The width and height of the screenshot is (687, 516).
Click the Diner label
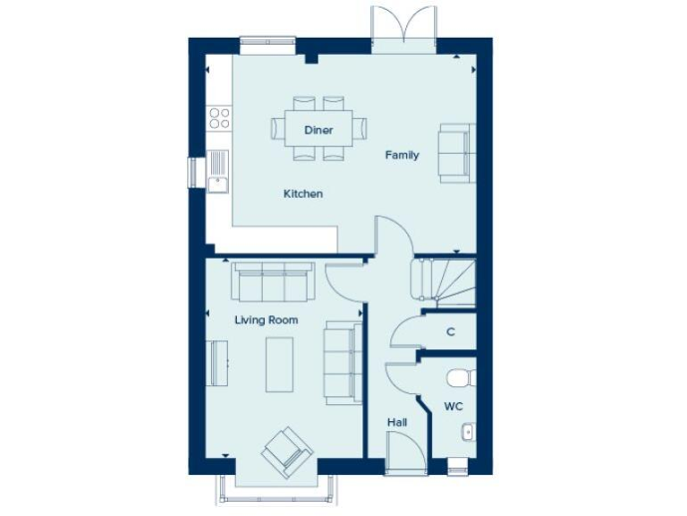pos(318,130)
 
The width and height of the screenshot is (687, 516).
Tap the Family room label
pos(402,155)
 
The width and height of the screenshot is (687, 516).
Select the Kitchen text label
pos(303,193)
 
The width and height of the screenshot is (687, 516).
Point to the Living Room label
pos(267,320)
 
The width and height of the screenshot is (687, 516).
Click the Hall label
pos(397,421)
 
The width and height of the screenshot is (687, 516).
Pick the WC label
pos(454,407)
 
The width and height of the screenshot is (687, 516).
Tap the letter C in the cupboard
pos(451,331)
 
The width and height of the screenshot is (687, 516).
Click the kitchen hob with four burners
pos(219,117)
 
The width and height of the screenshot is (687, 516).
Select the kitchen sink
pos(217,172)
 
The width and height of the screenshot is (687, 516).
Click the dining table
pos(318,128)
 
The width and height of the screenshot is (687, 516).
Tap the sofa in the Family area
pos(454,154)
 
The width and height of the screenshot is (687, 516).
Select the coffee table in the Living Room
pos(279,363)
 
